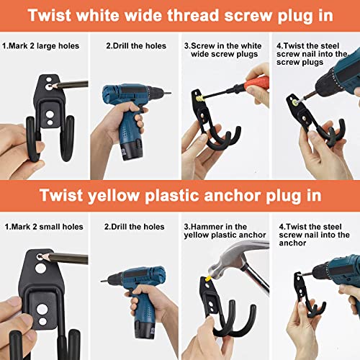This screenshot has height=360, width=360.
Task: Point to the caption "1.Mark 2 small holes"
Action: [x=42, y=227]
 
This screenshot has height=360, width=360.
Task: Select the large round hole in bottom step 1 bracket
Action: [x=42, y=291]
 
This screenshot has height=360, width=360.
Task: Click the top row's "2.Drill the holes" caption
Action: [x=136, y=46]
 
